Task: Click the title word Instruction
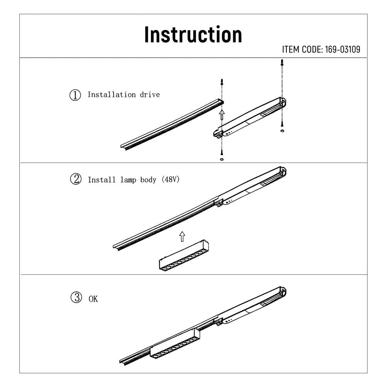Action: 193,35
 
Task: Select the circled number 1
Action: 75,95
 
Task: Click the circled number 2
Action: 75,179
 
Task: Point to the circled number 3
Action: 76,298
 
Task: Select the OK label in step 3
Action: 93,299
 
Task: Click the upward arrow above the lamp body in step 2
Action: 182,236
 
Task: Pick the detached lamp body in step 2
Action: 184,256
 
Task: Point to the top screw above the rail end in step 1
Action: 222,82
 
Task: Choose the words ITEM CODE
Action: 301,50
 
